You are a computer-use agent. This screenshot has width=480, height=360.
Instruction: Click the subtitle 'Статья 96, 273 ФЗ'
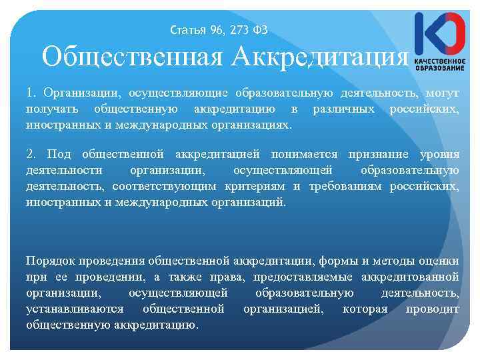(x=219, y=30)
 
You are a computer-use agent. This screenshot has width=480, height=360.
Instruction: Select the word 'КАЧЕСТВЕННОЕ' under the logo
(x=440, y=61)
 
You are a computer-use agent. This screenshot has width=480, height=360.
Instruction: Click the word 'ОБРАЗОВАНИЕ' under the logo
(x=440, y=69)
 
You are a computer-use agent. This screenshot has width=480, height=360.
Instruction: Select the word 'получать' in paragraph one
(x=50, y=109)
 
